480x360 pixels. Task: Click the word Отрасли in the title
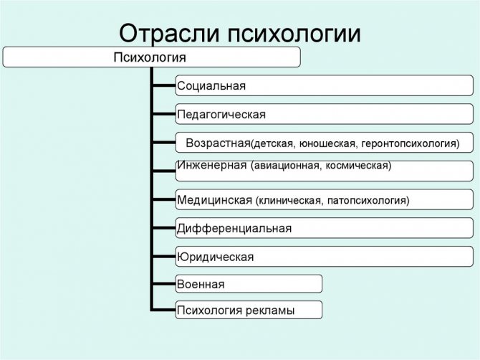[x=169, y=33]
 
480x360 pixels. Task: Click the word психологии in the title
[x=294, y=33]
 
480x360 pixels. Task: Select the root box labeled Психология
[x=152, y=57]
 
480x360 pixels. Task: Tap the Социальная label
[x=211, y=86]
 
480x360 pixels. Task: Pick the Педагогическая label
[x=221, y=115]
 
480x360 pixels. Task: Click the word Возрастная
[x=218, y=143]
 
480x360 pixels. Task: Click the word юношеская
[x=328, y=143]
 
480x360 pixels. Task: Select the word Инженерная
[x=212, y=165]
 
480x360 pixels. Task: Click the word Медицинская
[x=215, y=200]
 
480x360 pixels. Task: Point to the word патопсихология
[x=367, y=201]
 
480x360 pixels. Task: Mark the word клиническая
[x=291, y=201]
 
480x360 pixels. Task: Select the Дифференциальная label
[x=234, y=229]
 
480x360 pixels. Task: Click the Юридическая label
[x=215, y=257]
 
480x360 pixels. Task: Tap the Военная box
[x=249, y=284]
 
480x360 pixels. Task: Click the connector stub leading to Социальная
[x=164, y=85]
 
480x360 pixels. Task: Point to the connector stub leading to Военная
[x=164, y=284]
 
